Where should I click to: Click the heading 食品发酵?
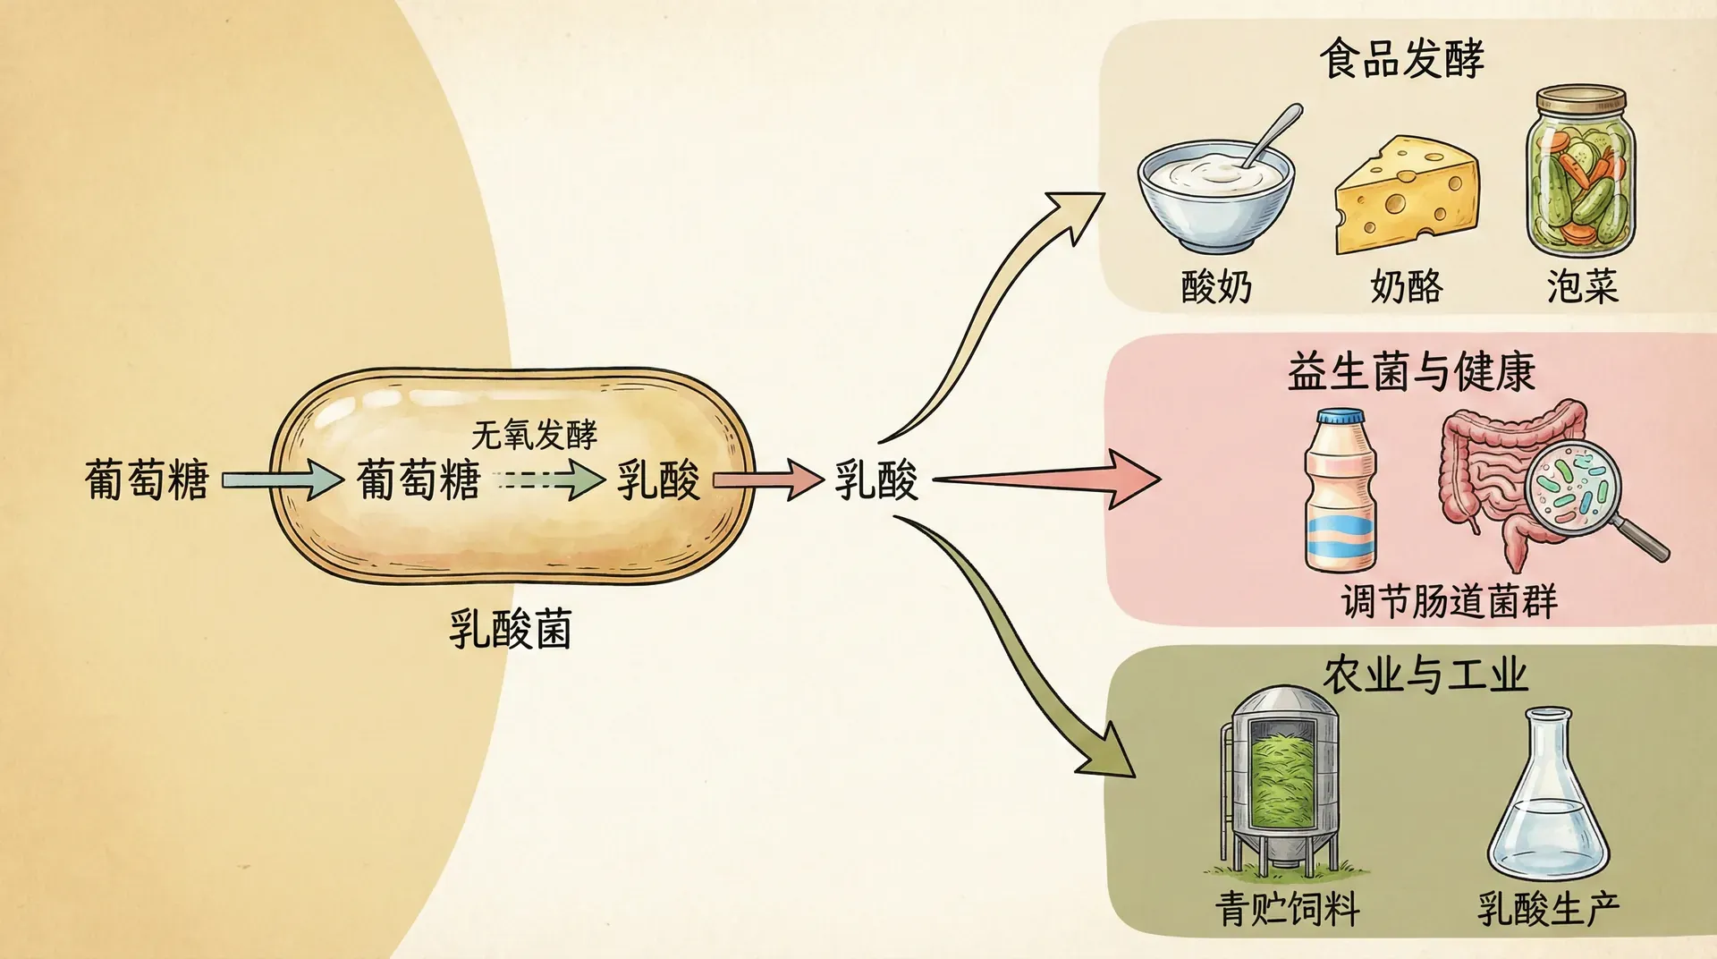click(1401, 59)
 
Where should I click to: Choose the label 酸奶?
click(1216, 287)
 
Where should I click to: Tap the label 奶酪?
click(1406, 287)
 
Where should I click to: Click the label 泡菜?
click(1582, 287)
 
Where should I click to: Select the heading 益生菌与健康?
click(1411, 372)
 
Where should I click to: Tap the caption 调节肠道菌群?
click(1449, 600)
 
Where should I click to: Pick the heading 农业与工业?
click(1425, 675)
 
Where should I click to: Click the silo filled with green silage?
click(1282, 778)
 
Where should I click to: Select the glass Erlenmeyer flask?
click(1547, 796)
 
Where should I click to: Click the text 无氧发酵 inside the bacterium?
click(534, 436)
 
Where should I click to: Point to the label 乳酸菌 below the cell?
click(510, 629)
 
